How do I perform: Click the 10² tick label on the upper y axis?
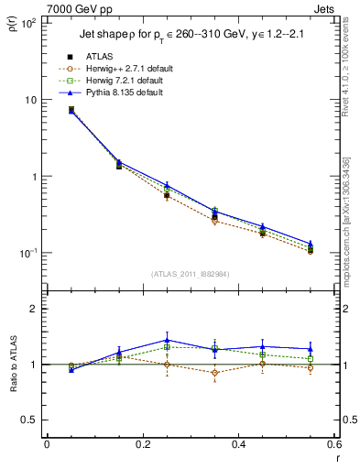30,23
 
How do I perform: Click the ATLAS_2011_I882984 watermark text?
190,274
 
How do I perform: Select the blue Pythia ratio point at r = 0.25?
167,339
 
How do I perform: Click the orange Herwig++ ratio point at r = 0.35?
214,372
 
